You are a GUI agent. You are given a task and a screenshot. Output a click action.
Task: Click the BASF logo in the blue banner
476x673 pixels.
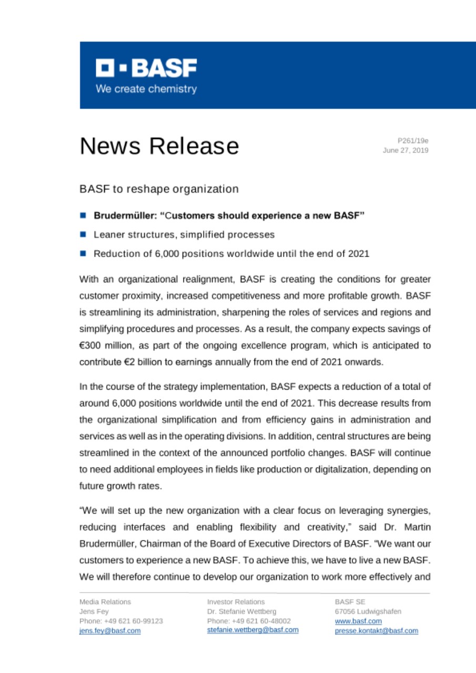(x=146, y=68)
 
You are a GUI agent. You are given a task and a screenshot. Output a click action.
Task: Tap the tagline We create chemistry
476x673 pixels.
(x=146, y=89)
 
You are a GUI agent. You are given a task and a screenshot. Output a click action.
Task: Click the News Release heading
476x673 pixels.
(x=159, y=146)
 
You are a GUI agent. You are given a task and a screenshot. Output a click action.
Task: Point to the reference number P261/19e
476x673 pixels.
(x=413, y=140)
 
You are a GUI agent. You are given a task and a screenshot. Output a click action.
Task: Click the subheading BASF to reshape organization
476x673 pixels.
(x=159, y=188)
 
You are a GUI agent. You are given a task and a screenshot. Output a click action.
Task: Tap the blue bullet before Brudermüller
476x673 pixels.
(x=83, y=215)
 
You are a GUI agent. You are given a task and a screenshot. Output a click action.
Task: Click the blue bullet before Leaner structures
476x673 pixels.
(x=83, y=234)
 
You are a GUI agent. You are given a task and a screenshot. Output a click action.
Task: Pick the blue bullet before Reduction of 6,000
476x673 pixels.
(x=83, y=253)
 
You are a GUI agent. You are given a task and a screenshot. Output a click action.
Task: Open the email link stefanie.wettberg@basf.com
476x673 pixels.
(x=253, y=630)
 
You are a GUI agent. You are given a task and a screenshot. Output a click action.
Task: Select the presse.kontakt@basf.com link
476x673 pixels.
(x=377, y=631)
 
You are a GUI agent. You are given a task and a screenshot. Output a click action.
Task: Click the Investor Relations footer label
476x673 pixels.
(x=236, y=601)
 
